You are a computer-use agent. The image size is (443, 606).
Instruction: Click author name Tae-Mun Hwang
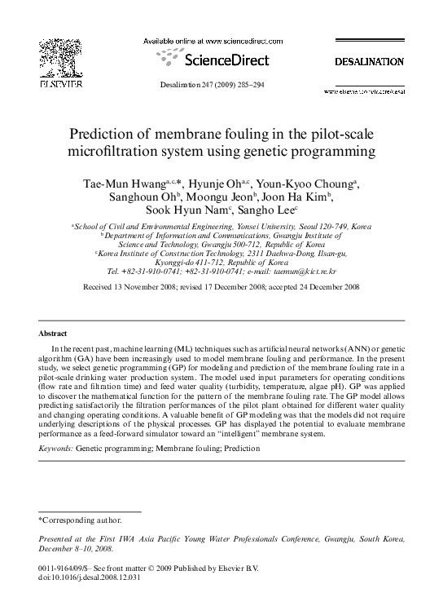click(125, 181)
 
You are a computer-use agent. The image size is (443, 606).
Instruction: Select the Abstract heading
click(53, 334)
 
